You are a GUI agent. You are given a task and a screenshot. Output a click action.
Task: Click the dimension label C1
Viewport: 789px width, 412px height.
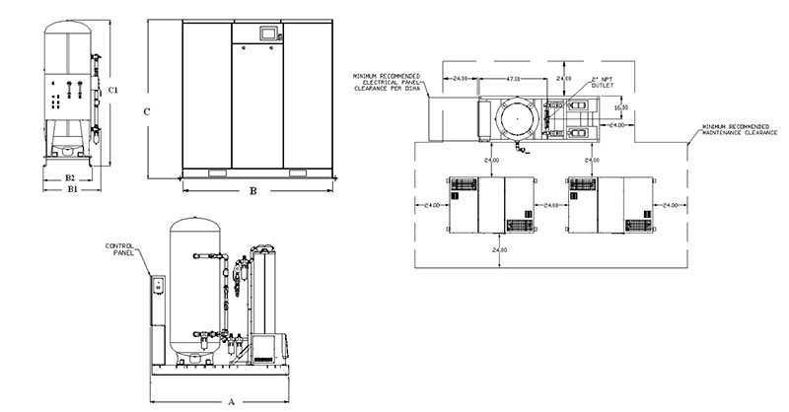(114, 91)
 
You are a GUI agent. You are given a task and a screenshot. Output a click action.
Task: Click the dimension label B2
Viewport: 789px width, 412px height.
(70, 177)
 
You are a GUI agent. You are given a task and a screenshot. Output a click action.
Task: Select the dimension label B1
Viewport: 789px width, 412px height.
(70, 190)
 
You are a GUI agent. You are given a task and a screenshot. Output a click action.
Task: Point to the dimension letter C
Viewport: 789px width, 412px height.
(146, 111)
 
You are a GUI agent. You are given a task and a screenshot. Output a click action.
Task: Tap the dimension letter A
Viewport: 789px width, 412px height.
(232, 401)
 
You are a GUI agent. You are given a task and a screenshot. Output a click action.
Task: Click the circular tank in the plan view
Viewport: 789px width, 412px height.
(520, 122)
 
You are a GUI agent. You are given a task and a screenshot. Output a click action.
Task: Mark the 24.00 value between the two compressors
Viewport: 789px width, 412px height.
(550, 205)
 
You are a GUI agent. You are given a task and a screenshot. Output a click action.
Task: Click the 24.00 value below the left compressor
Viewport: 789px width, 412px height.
(498, 251)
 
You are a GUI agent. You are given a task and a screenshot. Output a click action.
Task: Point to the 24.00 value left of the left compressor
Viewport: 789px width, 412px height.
(430, 205)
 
